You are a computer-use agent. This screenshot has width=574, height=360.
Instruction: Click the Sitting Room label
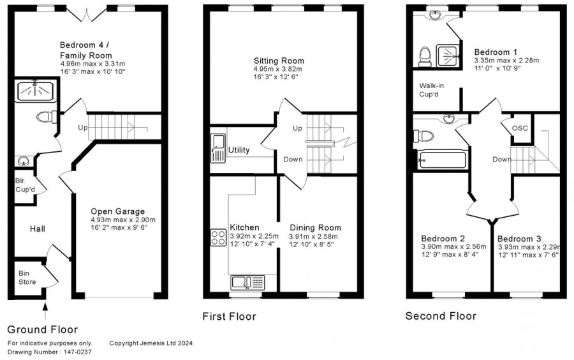pyautogui.click(x=279, y=61)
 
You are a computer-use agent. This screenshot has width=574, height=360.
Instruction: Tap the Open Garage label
pyautogui.click(x=117, y=211)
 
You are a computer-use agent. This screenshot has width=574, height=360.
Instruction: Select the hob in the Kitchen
pyautogui.click(x=218, y=237)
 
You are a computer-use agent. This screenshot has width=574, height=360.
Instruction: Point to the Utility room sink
pyautogui.click(x=218, y=148)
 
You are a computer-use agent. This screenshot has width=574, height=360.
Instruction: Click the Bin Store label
pyautogui.click(x=27, y=278)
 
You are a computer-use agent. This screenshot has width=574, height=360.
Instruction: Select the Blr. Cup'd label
pyautogui.click(x=26, y=185)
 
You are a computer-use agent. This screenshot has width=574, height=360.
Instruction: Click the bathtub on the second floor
pyautogui.click(x=443, y=160)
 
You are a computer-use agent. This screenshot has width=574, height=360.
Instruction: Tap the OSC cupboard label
pyautogui.click(x=520, y=128)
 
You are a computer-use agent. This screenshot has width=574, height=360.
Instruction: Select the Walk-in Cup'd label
pyautogui.click(x=432, y=90)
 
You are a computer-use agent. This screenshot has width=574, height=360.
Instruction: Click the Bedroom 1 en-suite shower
pyautogui.click(x=448, y=56)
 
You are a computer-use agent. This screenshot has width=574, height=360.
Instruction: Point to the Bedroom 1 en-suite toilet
pyautogui.click(x=425, y=57)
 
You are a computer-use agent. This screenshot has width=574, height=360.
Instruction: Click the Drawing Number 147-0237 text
pyautogui.click(x=49, y=352)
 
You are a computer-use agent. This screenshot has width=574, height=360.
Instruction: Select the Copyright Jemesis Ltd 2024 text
pyautogui.click(x=151, y=343)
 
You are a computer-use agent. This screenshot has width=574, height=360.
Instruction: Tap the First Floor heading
pyautogui.click(x=230, y=317)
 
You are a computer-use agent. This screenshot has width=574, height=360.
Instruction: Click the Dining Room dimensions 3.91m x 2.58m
pyautogui.click(x=313, y=237)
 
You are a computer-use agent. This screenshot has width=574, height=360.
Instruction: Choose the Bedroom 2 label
pyautogui.click(x=444, y=239)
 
